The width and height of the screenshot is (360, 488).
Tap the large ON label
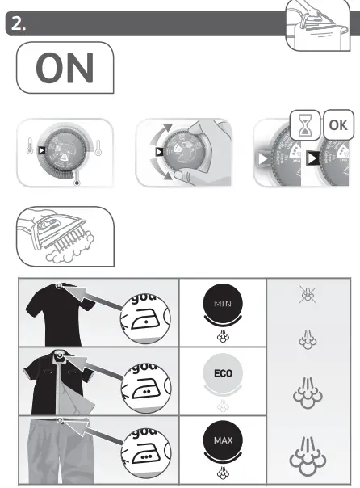tap(65, 68)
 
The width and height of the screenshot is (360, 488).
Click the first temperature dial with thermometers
tap(62, 152)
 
